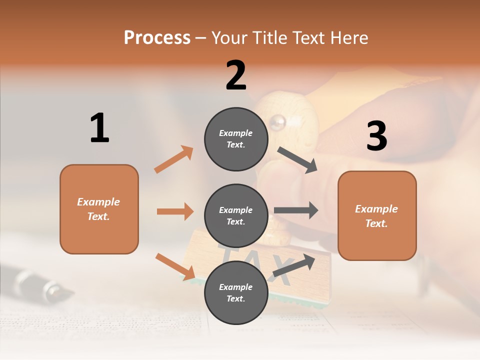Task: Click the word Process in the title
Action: [x=157, y=38]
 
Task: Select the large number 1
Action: [x=99, y=128]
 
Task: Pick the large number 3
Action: [x=376, y=136]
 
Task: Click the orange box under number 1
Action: [x=99, y=209]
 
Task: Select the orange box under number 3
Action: [x=377, y=215]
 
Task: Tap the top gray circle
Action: [x=236, y=138]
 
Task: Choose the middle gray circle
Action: [x=236, y=215]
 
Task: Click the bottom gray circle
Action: [x=236, y=292]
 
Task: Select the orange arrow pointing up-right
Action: [x=174, y=159]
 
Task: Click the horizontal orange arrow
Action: [x=175, y=211]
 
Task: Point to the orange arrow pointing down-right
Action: [x=175, y=266]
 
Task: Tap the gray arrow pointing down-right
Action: [x=297, y=160]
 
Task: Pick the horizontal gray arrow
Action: [x=296, y=210]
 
